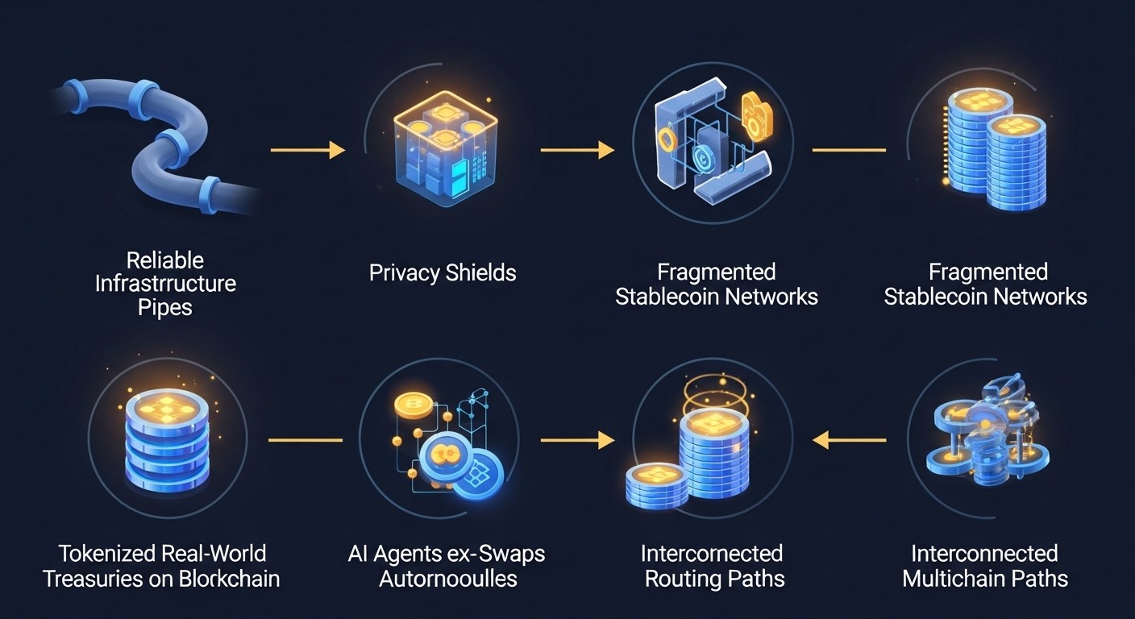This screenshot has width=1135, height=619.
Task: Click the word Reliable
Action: (165, 260)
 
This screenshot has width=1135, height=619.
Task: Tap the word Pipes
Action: (165, 308)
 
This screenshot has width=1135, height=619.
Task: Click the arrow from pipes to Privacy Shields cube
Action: (307, 150)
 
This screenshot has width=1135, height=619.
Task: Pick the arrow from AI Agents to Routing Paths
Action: (577, 440)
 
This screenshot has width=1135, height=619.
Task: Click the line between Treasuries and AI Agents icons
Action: (306, 440)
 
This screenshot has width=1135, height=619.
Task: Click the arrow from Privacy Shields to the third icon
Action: (577, 150)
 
